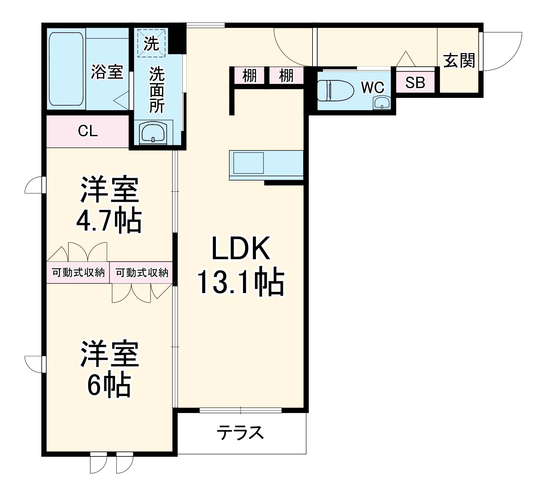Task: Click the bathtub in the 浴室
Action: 66,69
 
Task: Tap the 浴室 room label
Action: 107,72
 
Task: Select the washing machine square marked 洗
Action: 151,43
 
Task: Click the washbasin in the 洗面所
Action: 153,133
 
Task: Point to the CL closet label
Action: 88,131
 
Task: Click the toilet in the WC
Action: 335,90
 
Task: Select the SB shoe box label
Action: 415,82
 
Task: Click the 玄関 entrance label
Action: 459,61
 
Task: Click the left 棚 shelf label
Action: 250,76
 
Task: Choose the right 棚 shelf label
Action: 286,76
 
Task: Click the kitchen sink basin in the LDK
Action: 248,163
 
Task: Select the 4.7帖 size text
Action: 109,221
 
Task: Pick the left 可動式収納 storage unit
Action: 78,272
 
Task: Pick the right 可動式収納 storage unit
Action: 141,272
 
